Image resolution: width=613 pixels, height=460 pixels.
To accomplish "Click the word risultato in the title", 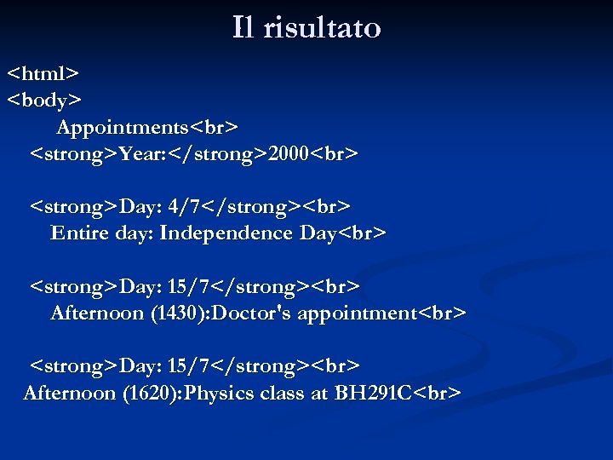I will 322,28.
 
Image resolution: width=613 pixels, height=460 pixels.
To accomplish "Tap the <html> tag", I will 43,73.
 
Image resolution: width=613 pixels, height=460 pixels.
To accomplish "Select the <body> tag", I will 44,101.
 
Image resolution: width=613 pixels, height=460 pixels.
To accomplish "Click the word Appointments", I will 123,128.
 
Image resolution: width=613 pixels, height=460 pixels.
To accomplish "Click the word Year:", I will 149,154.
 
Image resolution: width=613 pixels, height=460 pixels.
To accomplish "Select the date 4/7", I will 186,207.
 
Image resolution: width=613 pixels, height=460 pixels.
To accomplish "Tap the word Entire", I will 78,233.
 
